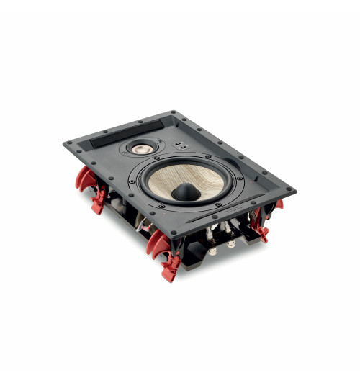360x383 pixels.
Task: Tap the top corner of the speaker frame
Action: tap(174, 112)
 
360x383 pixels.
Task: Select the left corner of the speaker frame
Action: tap(66, 143)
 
